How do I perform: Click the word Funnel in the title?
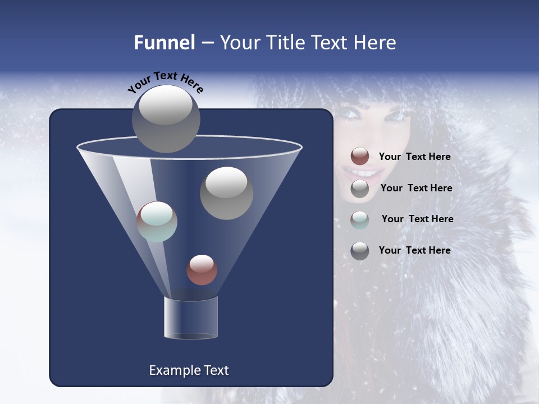pyautogui.click(x=165, y=43)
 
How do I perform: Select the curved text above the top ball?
pyautogui.click(x=166, y=82)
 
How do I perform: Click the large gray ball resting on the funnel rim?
pyautogui.click(x=166, y=119)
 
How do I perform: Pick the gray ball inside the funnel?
pyautogui.click(x=226, y=193)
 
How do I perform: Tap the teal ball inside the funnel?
pyautogui.click(x=157, y=222)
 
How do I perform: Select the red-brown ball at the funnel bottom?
pyautogui.click(x=202, y=270)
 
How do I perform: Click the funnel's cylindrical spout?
pyautogui.click(x=191, y=318)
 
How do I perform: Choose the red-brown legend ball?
pyautogui.click(x=360, y=157)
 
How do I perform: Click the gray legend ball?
pyautogui.click(x=360, y=189)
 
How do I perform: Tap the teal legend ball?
pyautogui.click(x=360, y=219)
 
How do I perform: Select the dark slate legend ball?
pyautogui.click(x=360, y=251)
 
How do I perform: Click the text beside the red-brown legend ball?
pyautogui.click(x=414, y=157)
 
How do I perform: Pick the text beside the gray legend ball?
pyautogui.click(x=416, y=188)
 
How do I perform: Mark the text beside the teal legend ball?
pyautogui.click(x=417, y=219)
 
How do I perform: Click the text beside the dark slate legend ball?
pyautogui.click(x=414, y=250)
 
